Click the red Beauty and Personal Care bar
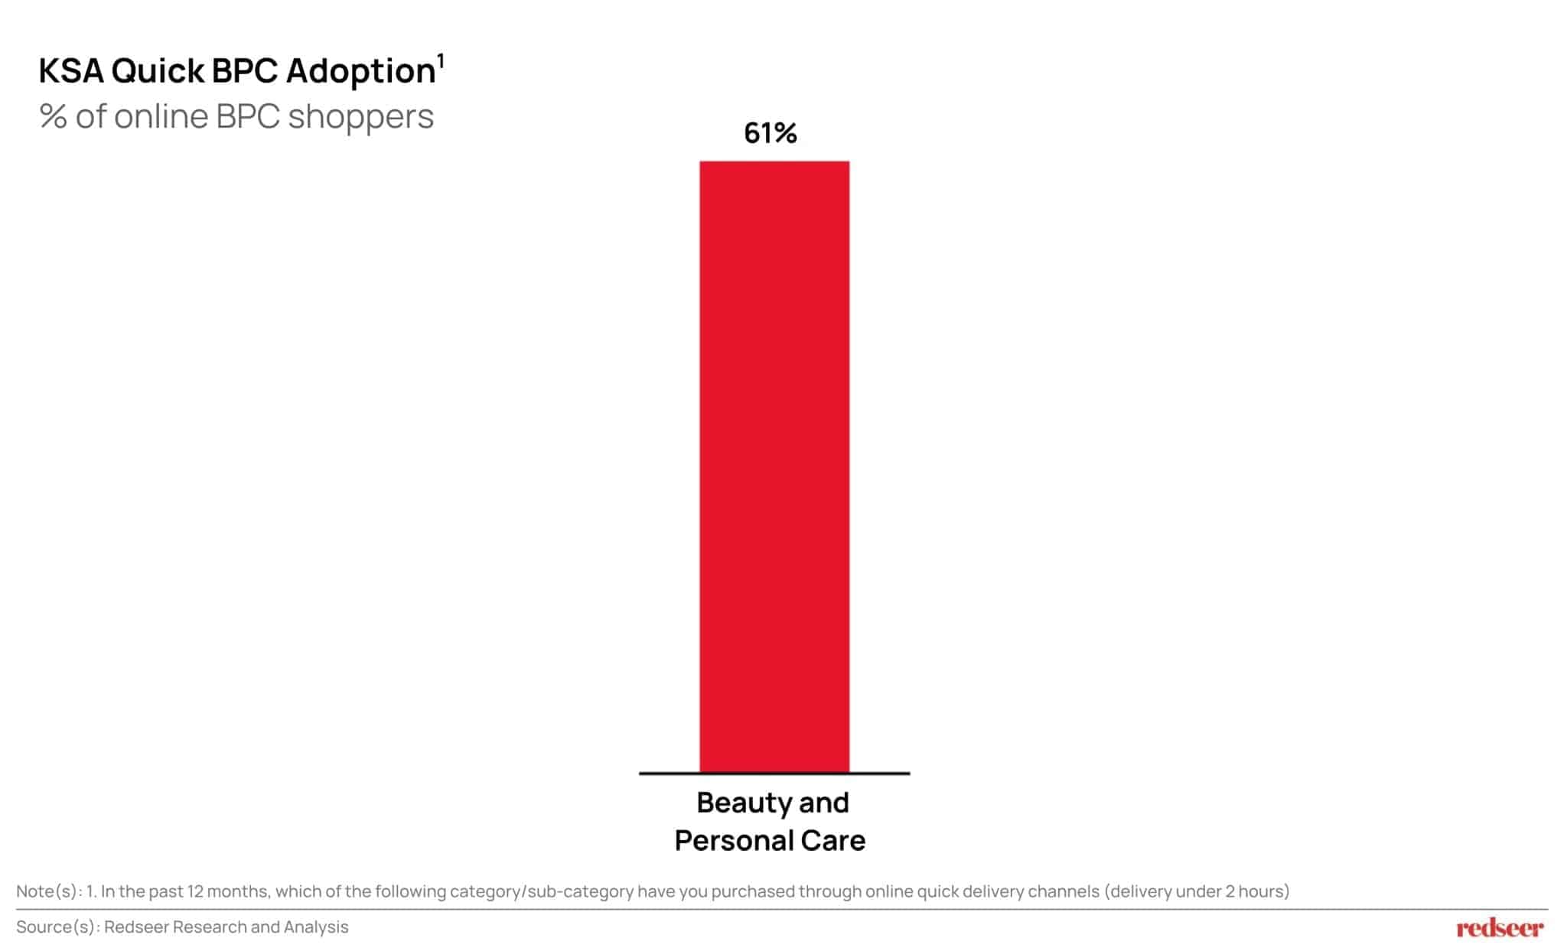(x=774, y=467)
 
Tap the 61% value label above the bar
(x=770, y=134)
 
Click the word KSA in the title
(x=70, y=71)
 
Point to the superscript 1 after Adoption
(x=441, y=60)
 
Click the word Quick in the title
(x=158, y=71)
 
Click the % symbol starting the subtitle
(x=53, y=117)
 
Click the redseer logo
(x=1500, y=929)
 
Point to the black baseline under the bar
(x=774, y=774)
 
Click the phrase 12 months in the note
(x=228, y=891)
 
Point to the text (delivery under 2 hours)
(x=1197, y=891)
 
